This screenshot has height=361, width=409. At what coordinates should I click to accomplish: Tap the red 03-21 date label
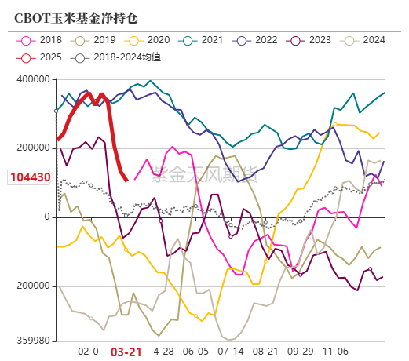click(126, 352)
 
